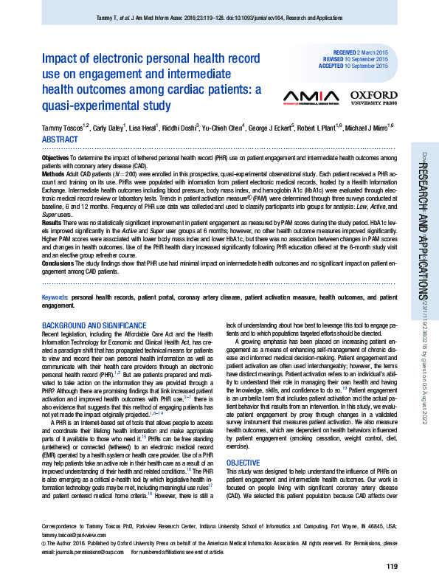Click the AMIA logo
tap(311, 97)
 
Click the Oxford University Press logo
tap(373, 97)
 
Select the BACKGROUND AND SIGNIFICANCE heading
tap(94, 325)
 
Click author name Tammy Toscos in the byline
tap(63, 128)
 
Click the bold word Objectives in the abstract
tap(55, 159)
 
